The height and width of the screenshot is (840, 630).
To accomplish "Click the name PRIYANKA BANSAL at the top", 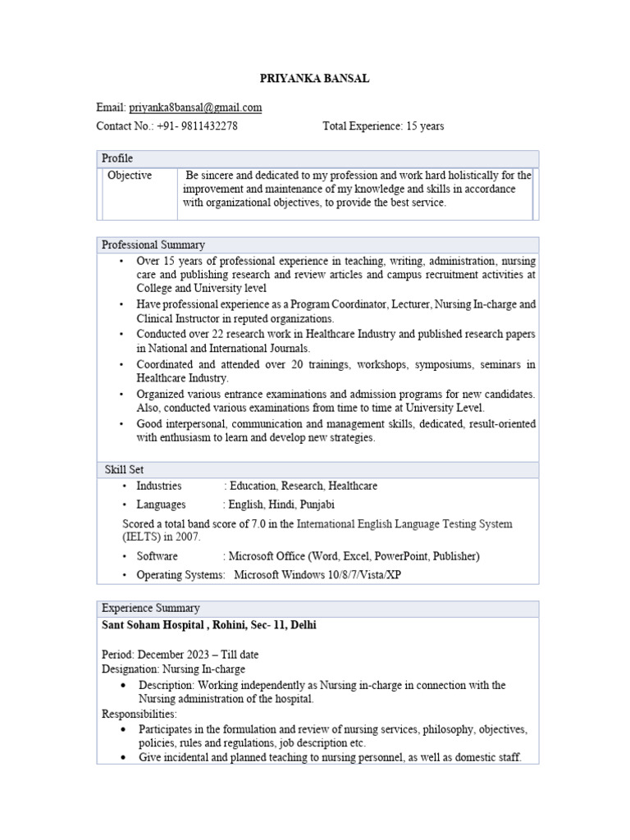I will (x=314, y=78).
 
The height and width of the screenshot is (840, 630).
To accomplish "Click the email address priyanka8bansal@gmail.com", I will (x=195, y=107).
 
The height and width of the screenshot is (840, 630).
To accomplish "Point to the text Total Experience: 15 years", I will (x=383, y=126).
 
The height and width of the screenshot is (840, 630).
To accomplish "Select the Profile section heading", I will (x=117, y=158).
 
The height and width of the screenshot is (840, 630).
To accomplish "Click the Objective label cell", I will (x=130, y=176).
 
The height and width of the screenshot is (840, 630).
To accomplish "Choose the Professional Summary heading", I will (x=153, y=244).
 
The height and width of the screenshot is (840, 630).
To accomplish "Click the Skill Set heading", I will (x=124, y=469).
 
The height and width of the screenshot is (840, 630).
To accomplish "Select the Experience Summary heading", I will (x=150, y=608).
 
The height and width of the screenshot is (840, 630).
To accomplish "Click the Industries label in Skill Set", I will (x=159, y=486).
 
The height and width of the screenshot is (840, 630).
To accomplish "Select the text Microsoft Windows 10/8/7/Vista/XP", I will (x=317, y=574).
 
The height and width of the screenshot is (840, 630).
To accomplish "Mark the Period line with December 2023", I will (x=180, y=655).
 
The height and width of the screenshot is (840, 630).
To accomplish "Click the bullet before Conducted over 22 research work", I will (x=121, y=335).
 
